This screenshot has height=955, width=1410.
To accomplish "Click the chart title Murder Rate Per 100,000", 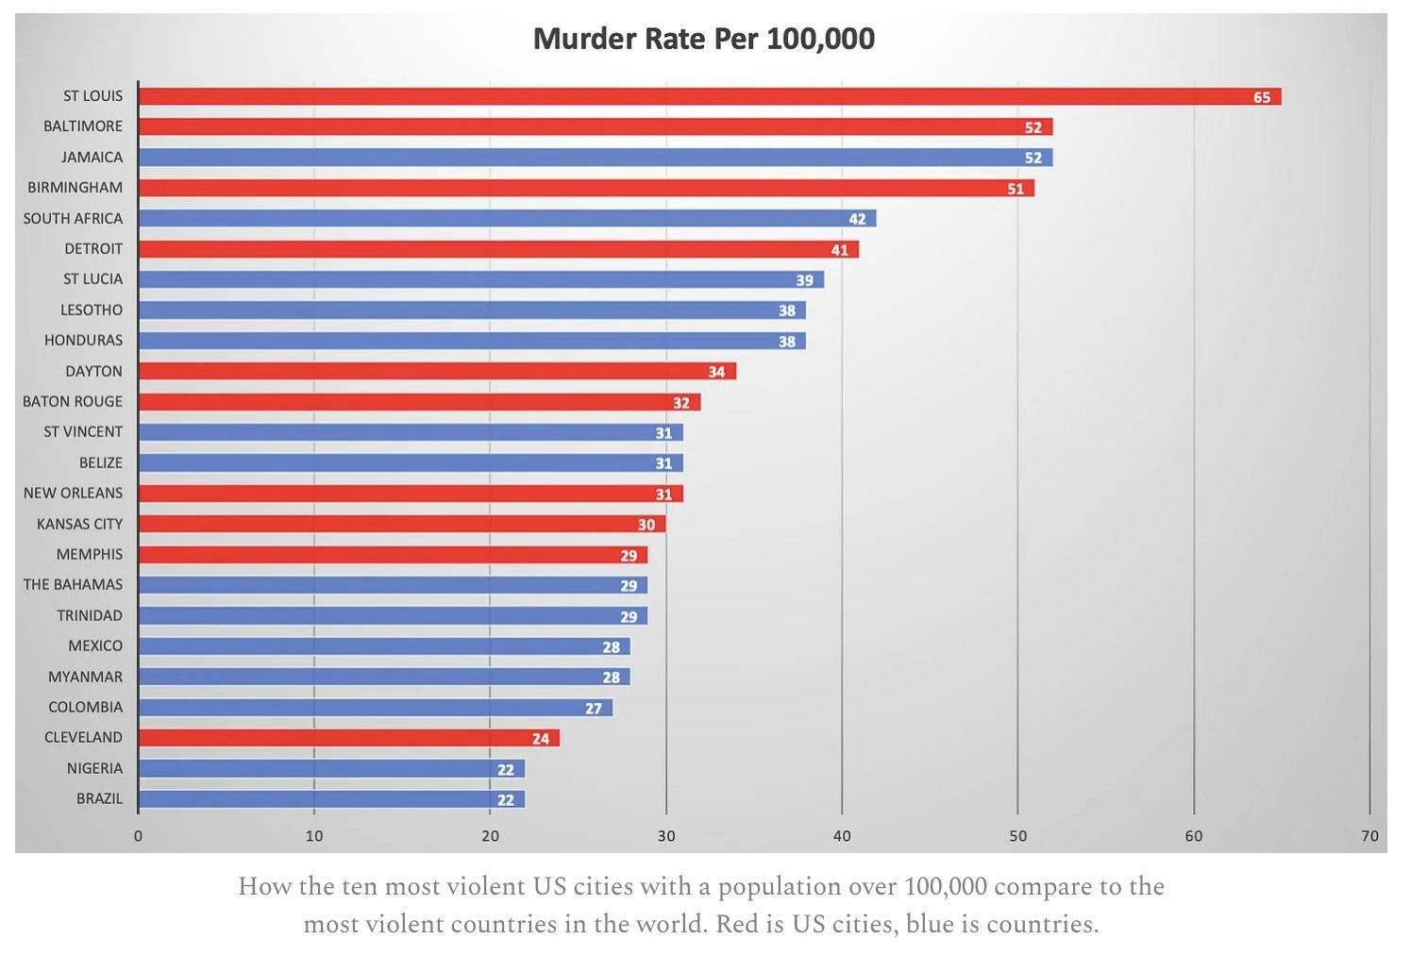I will click(703, 39).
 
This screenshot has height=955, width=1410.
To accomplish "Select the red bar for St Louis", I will click(708, 96).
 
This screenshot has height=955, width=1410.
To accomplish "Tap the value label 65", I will click(1262, 97).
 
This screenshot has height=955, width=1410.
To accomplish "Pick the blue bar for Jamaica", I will click(595, 158).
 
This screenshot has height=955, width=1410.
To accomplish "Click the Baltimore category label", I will click(83, 126).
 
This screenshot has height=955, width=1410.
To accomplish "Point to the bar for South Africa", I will click(507, 219).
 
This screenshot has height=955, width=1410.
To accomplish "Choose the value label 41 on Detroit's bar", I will click(840, 250).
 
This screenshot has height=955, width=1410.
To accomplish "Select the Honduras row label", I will click(83, 341).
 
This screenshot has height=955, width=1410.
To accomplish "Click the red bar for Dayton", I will click(436, 372).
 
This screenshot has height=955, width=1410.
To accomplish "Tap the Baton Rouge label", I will click(73, 402).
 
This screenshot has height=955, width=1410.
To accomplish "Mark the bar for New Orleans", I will click(410, 494).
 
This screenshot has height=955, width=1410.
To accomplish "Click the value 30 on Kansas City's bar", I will click(646, 525).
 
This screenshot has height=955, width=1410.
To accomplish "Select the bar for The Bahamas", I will click(392, 586).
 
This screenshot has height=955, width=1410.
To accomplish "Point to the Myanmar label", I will click(85, 677).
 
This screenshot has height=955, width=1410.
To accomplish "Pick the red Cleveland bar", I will click(348, 738).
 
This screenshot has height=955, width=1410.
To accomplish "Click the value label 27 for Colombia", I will click(594, 709).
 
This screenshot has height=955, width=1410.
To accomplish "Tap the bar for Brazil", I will click(330, 799).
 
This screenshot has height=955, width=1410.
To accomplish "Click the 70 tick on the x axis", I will click(1369, 836).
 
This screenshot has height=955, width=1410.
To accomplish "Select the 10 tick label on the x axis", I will click(314, 836).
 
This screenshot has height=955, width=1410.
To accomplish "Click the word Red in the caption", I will click(736, 924).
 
